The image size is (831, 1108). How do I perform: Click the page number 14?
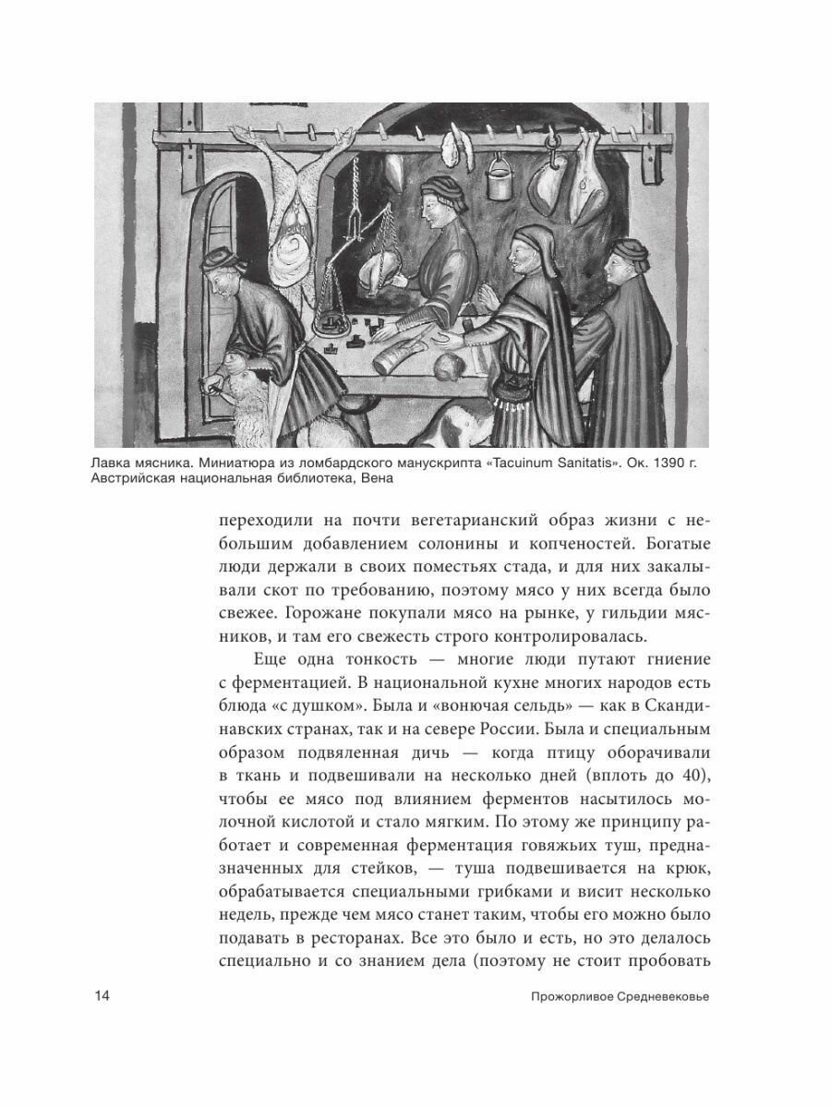click(x=102, y=996)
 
